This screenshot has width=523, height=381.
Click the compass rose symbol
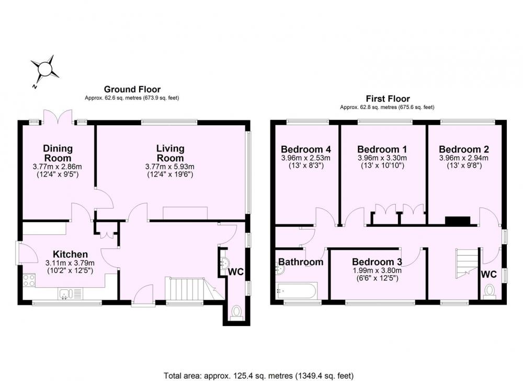[44, 70]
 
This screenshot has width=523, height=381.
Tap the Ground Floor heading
[132, 89]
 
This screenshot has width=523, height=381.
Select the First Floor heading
[388, 99]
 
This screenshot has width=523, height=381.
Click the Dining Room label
[58, 153]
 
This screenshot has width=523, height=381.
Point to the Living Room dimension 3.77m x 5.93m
[170, 167]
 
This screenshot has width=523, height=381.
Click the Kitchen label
[71, 254]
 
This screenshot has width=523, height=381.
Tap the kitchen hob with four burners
[29, 280]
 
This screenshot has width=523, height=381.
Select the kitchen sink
[70, 294]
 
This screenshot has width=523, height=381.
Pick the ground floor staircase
[191, 289]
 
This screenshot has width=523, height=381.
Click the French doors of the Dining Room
[58, 117]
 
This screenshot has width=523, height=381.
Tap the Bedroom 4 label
[305, 149]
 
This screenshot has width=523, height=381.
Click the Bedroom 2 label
[464, 149]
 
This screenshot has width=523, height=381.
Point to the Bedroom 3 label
[377, 262]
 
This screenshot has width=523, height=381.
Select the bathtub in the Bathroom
[296, 291]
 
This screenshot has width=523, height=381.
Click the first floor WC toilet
[490, 291]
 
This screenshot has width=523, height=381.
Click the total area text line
[258, 375]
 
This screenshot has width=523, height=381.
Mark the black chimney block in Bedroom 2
[458, 221]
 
